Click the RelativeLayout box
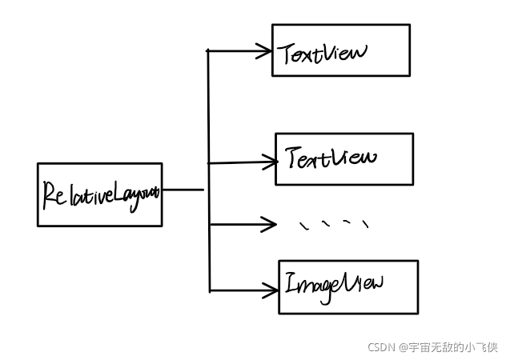99,194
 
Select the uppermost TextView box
340,50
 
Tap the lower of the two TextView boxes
344,159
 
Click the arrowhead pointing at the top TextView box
265,51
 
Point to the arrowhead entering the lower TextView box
269,162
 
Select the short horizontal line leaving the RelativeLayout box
183,190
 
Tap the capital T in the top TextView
287,54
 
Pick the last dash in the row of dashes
365,224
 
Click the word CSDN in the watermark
382,348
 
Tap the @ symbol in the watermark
404,348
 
